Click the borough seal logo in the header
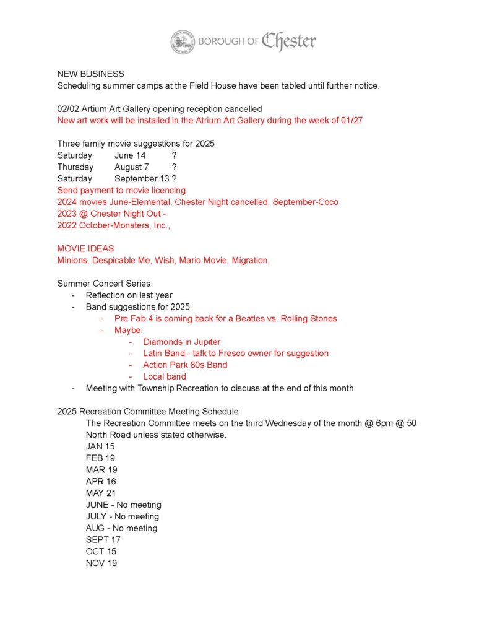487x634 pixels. (x=183, y=42)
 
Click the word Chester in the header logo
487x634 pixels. (x=288, y=41)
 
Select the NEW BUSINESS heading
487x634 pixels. (x=91, y=74)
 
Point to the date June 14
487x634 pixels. (x=130, y=155)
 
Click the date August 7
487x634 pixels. (x=131, y=167)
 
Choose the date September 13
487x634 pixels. (x=142, y=179)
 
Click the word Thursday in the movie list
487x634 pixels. (x=75, y=167)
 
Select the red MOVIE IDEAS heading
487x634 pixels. (x=85, y=249)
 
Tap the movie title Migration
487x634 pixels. (x=250, y=261)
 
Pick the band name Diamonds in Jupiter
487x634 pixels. (x=181, y=342)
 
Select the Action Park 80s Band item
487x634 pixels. (x=185, y=365)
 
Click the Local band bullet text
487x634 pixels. (x=164, y=376)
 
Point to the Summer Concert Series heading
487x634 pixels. (x=104, y=284)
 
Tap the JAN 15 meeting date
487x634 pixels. (x=100, y=446)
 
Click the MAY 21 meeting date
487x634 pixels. (x=101, y=493)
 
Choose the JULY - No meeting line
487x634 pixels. (x=123, y=516)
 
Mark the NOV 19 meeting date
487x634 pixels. (x=101, y=563)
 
